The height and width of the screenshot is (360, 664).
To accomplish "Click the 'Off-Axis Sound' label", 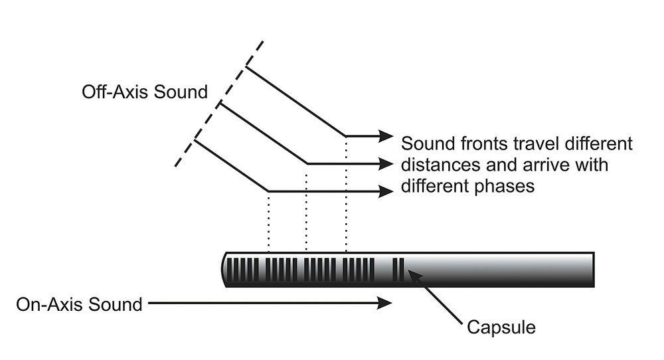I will pyautogui.click(x=145, y=92).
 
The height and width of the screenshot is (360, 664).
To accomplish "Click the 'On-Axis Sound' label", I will pyautogui.click(x=79, y=304).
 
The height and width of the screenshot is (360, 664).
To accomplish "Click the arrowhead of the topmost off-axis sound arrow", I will pyautogui.click(x=386, y=136).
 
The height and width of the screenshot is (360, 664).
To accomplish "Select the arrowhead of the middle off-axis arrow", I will pyautogui.click(x=386, y=163).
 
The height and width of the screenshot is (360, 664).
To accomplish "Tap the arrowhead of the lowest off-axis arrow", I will pyautogui.click(x=386, y=191).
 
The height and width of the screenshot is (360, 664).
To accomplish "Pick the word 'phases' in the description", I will pyautogui.click(x=508, y=187).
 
